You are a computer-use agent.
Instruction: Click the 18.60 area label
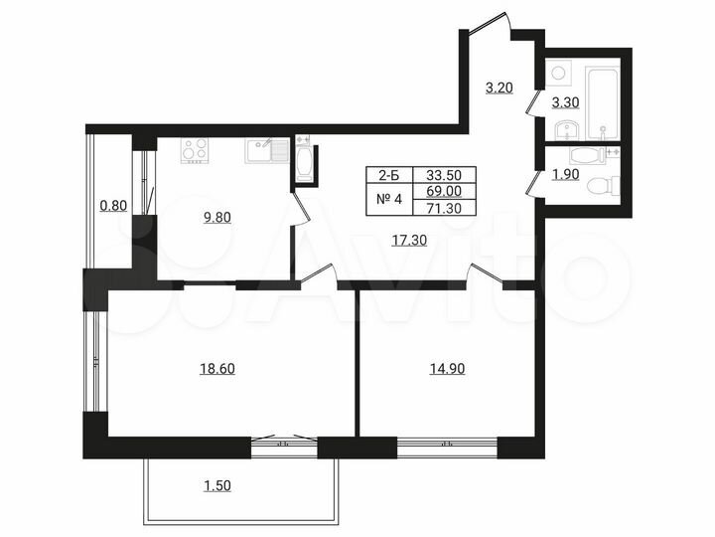pyautogui.click(x=217, y=368)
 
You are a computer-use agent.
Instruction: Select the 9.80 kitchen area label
pyautogui.click(x=217, y=219)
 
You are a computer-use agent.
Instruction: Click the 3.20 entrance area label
pyautogui.click(x=499, y=88)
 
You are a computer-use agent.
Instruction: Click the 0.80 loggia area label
pyautogui.click(x=113, y=207)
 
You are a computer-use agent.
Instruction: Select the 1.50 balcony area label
pyautogui.click(x=217, y=485)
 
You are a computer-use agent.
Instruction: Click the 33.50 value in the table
pyautogui.click(x=442, y=173)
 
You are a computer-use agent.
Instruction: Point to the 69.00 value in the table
pyautogui.click(x=442, y=190)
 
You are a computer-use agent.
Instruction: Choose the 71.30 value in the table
pyautogui.click(x=442, y=207)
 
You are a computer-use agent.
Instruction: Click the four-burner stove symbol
pyautogui.click(x=195, y=150)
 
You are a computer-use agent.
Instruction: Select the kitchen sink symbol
pyautogui.click(x=260, y=152)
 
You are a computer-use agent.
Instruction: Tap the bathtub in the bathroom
pyautogui.click(x=602, y=101)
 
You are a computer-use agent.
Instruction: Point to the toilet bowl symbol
pyautogui.click(x=602, y=185)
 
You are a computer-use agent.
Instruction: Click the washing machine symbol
pyautogui.click(x=557, y=73)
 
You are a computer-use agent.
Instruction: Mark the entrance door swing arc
pyautogui.click(x=492, y=22)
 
